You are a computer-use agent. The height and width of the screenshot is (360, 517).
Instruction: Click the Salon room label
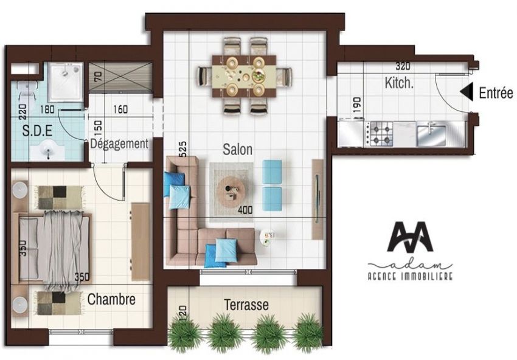click(237, 150)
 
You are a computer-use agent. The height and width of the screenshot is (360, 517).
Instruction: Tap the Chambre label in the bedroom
click(111, 299)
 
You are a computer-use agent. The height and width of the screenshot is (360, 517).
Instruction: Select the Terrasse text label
click(246, 305)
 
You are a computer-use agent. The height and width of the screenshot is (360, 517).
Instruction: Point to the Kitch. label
click(399, 83)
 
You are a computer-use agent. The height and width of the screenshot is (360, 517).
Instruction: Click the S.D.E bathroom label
click(37, 131)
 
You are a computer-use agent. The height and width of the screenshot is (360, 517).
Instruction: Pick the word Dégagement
click(119, 144)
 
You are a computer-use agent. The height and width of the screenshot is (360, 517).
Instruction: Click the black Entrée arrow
click(467, 92)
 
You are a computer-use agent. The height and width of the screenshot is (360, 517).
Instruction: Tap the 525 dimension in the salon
click(183, 149)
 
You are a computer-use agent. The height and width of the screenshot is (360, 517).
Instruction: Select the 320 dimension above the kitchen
click(403, 66)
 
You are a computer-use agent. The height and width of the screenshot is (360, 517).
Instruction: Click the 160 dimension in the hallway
click(120, 109)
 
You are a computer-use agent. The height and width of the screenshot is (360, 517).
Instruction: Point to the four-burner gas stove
click(379, 134)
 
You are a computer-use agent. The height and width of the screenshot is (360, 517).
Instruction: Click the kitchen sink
click(431, 133)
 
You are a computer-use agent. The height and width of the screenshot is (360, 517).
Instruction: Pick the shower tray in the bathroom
click(65, 82)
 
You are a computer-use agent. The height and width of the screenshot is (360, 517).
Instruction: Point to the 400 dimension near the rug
click(245, 210)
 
